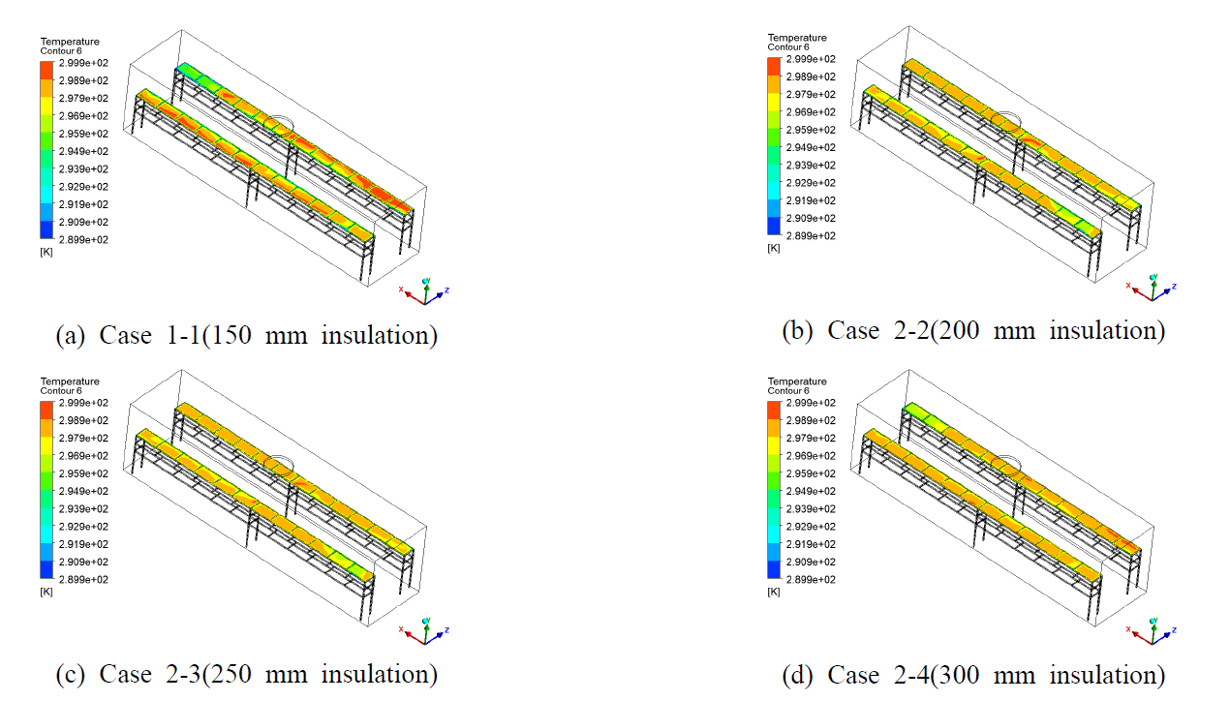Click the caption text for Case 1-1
click(247, 335)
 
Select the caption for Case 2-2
click(973, 330)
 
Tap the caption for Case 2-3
click(247, 673)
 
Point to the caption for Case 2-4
click(973, 674)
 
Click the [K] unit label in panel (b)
click(773, 248)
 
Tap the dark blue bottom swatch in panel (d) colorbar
click(773, 570)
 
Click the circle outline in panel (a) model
click(278, 124)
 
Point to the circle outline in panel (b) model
click(1006, 121)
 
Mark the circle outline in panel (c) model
click(278, 465)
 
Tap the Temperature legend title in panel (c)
click(70, 381)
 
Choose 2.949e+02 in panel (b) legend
click(812, 147)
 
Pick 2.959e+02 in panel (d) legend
click(812, 473)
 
